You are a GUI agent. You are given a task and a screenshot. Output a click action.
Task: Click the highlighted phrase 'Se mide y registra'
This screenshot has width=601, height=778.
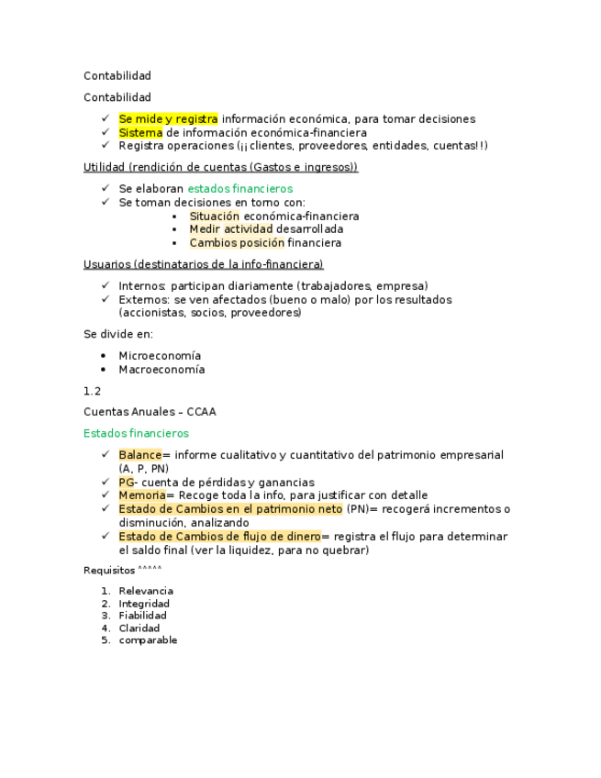point(168,119)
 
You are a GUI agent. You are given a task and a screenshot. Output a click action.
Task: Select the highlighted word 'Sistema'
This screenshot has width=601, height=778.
point(140,133)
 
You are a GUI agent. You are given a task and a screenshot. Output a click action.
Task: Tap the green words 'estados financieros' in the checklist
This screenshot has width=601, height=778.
point(247,189)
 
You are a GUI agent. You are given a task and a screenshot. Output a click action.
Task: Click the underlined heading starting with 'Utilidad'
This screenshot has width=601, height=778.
point(220,168)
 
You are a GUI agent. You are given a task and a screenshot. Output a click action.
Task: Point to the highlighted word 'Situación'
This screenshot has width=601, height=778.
point(215,217)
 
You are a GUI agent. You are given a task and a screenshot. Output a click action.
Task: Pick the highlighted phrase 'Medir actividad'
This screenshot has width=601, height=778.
point(230,229)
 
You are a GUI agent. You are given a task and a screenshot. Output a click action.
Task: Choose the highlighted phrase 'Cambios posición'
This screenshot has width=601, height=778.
point(237,243)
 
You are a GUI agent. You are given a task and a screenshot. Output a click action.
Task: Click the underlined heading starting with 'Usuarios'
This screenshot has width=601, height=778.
point(203,265)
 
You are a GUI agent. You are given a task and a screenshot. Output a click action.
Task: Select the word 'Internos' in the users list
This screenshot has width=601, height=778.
point(140,286)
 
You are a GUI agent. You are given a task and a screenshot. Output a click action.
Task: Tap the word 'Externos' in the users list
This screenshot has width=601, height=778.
point(142,300)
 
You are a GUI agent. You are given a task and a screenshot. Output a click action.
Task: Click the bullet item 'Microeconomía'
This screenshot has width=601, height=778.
point(160,356)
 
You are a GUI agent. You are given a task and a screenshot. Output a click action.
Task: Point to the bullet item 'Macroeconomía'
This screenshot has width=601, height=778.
point(161,370)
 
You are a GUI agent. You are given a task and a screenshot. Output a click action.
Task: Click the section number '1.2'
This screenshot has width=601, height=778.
point(93,391)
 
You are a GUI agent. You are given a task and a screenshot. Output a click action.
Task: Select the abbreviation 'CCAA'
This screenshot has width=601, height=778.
point(201,413)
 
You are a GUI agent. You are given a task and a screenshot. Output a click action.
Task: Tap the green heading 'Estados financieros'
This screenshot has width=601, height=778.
point(136,433)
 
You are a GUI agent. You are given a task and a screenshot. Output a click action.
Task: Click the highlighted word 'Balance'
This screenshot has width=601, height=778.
point(139,455)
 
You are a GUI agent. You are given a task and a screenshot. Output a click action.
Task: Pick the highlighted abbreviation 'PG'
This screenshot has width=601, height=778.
point(127,483)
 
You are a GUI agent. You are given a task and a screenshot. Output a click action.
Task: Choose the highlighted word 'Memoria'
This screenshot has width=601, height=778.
point(141,495)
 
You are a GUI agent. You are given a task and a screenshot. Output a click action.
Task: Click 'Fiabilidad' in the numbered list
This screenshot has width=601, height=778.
point(143,616)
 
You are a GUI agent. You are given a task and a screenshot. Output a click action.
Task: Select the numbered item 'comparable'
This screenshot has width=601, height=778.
point(148,640)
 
